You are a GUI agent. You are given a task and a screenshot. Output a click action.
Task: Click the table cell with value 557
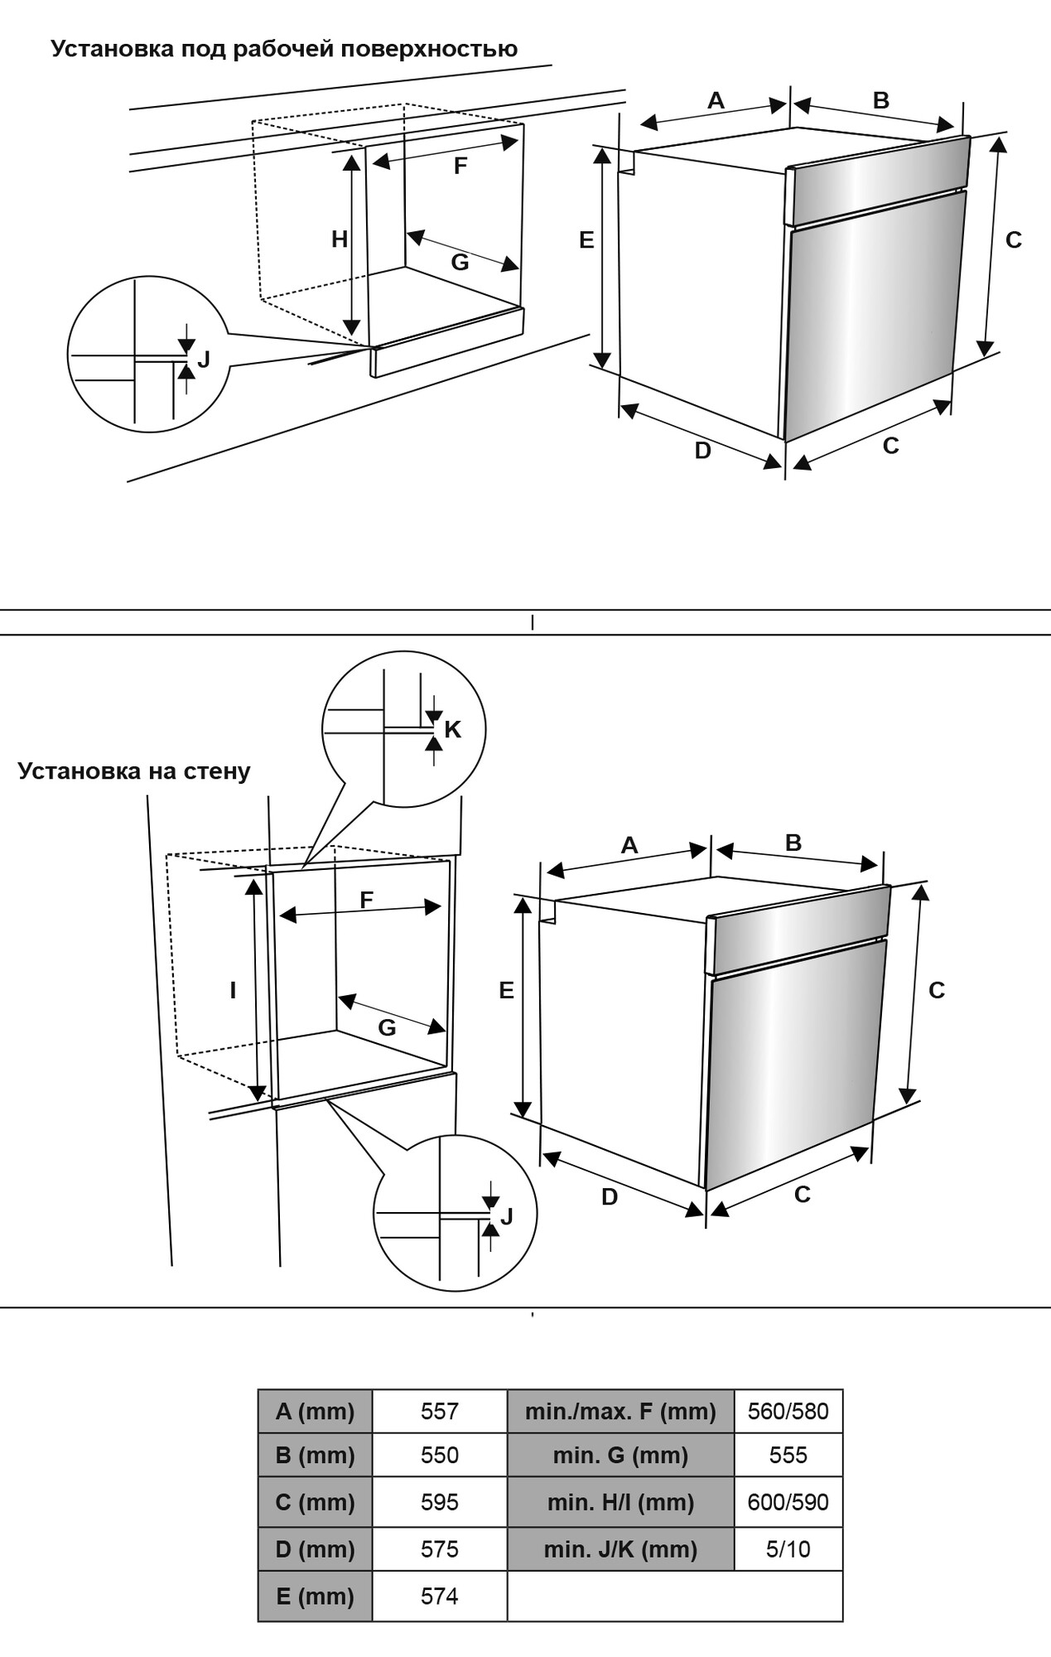coord(439,1411)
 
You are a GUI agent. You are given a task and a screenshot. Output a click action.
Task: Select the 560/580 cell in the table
coord(788,1411)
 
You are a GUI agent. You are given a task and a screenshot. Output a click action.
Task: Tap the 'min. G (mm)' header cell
coord(620,1455)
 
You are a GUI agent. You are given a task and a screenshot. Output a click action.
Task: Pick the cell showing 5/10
coord(788,1548)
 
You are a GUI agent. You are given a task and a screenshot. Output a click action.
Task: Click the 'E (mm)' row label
coord(315,1596)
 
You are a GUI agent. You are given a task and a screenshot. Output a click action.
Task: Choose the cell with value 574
coord(439,1596)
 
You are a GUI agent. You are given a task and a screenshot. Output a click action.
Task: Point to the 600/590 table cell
coord(788,1502)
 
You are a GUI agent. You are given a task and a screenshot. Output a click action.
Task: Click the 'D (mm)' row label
coord(315,1548)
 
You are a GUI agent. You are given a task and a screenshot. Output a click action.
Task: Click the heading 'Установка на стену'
coord(134,771)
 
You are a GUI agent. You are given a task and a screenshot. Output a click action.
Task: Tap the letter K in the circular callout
coord(452,729)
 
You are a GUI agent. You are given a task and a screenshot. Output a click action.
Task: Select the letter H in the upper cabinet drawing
coord(340,239)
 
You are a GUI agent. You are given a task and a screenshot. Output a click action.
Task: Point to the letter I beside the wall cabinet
coord(234,990)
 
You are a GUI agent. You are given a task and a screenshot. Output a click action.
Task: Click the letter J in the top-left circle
coord(204,360)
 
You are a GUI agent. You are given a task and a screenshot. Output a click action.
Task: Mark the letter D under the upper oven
coord(702,451)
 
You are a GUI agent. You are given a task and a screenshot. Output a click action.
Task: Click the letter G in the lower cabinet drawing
coord(387,1028)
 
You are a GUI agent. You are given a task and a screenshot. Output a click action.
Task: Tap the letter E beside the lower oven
coord(506,990)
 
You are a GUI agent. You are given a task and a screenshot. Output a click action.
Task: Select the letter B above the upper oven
coord(881,100)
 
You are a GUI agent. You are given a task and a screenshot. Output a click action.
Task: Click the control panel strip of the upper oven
coord(878,181)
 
